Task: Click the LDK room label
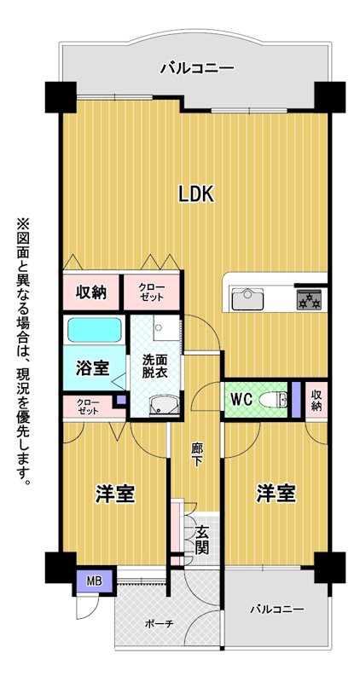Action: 196,194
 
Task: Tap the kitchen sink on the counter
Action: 247,299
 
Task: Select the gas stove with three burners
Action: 309,300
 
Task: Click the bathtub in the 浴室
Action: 94,330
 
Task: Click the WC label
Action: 241,399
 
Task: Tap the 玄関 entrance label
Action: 201,540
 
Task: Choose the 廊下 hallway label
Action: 197,454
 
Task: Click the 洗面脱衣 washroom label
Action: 155,367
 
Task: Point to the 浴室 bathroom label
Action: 92,368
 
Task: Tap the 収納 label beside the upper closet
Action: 91,292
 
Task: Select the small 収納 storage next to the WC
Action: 316,400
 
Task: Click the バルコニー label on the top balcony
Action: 197,68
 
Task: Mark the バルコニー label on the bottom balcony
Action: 276,609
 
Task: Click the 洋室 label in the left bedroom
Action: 114,494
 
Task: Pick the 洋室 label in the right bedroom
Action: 276,494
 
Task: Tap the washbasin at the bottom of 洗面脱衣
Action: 163,405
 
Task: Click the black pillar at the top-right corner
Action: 329,96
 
